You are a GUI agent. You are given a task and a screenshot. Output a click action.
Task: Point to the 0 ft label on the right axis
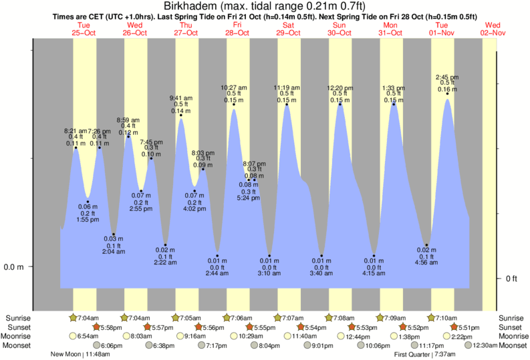[x=513, y=278]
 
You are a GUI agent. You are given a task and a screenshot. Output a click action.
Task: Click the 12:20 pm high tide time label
[x=340, y=87]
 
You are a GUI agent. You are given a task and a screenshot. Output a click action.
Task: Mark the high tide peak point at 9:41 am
[x=181, y=115]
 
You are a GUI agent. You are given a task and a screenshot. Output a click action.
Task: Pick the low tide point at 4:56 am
[x=426, y=245]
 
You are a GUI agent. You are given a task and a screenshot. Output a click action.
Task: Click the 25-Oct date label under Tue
[x=84, y=32]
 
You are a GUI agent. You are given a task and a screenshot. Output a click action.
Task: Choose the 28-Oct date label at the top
[x=237, y=32]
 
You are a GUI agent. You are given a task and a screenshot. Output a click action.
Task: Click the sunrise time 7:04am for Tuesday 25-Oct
[x=84, y=318]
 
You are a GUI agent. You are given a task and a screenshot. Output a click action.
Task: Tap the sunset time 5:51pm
[x=469, y=327]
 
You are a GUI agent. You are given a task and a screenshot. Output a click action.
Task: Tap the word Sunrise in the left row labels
[x=18, y=318]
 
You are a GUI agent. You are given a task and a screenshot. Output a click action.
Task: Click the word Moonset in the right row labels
[x=512, y=345]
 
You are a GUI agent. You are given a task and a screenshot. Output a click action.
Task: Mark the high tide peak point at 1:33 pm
[x=394, y=104]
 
